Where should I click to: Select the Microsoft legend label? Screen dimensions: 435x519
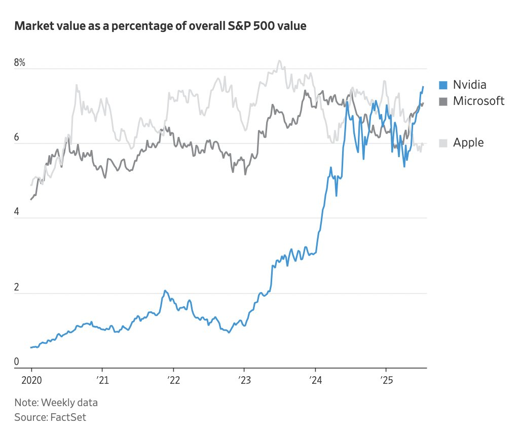(478, 101)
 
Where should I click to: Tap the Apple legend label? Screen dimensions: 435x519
(468, 142)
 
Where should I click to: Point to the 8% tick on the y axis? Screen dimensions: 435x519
(20, 63)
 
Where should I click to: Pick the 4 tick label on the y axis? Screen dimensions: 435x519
(17, 212)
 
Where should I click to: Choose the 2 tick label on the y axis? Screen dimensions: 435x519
(17, 287)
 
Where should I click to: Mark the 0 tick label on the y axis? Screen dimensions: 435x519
(17, 362)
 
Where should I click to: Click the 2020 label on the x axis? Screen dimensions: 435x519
(31, 381)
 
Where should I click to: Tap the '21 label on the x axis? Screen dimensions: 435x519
(102, 381)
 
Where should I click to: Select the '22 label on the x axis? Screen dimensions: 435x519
(173, 381)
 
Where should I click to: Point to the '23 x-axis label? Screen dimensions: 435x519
(244, 381)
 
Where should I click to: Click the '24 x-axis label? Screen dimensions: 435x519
(315, 381)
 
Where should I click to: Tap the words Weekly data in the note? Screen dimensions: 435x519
(69, 403)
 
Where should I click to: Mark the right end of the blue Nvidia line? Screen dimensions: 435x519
(424, 87)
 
